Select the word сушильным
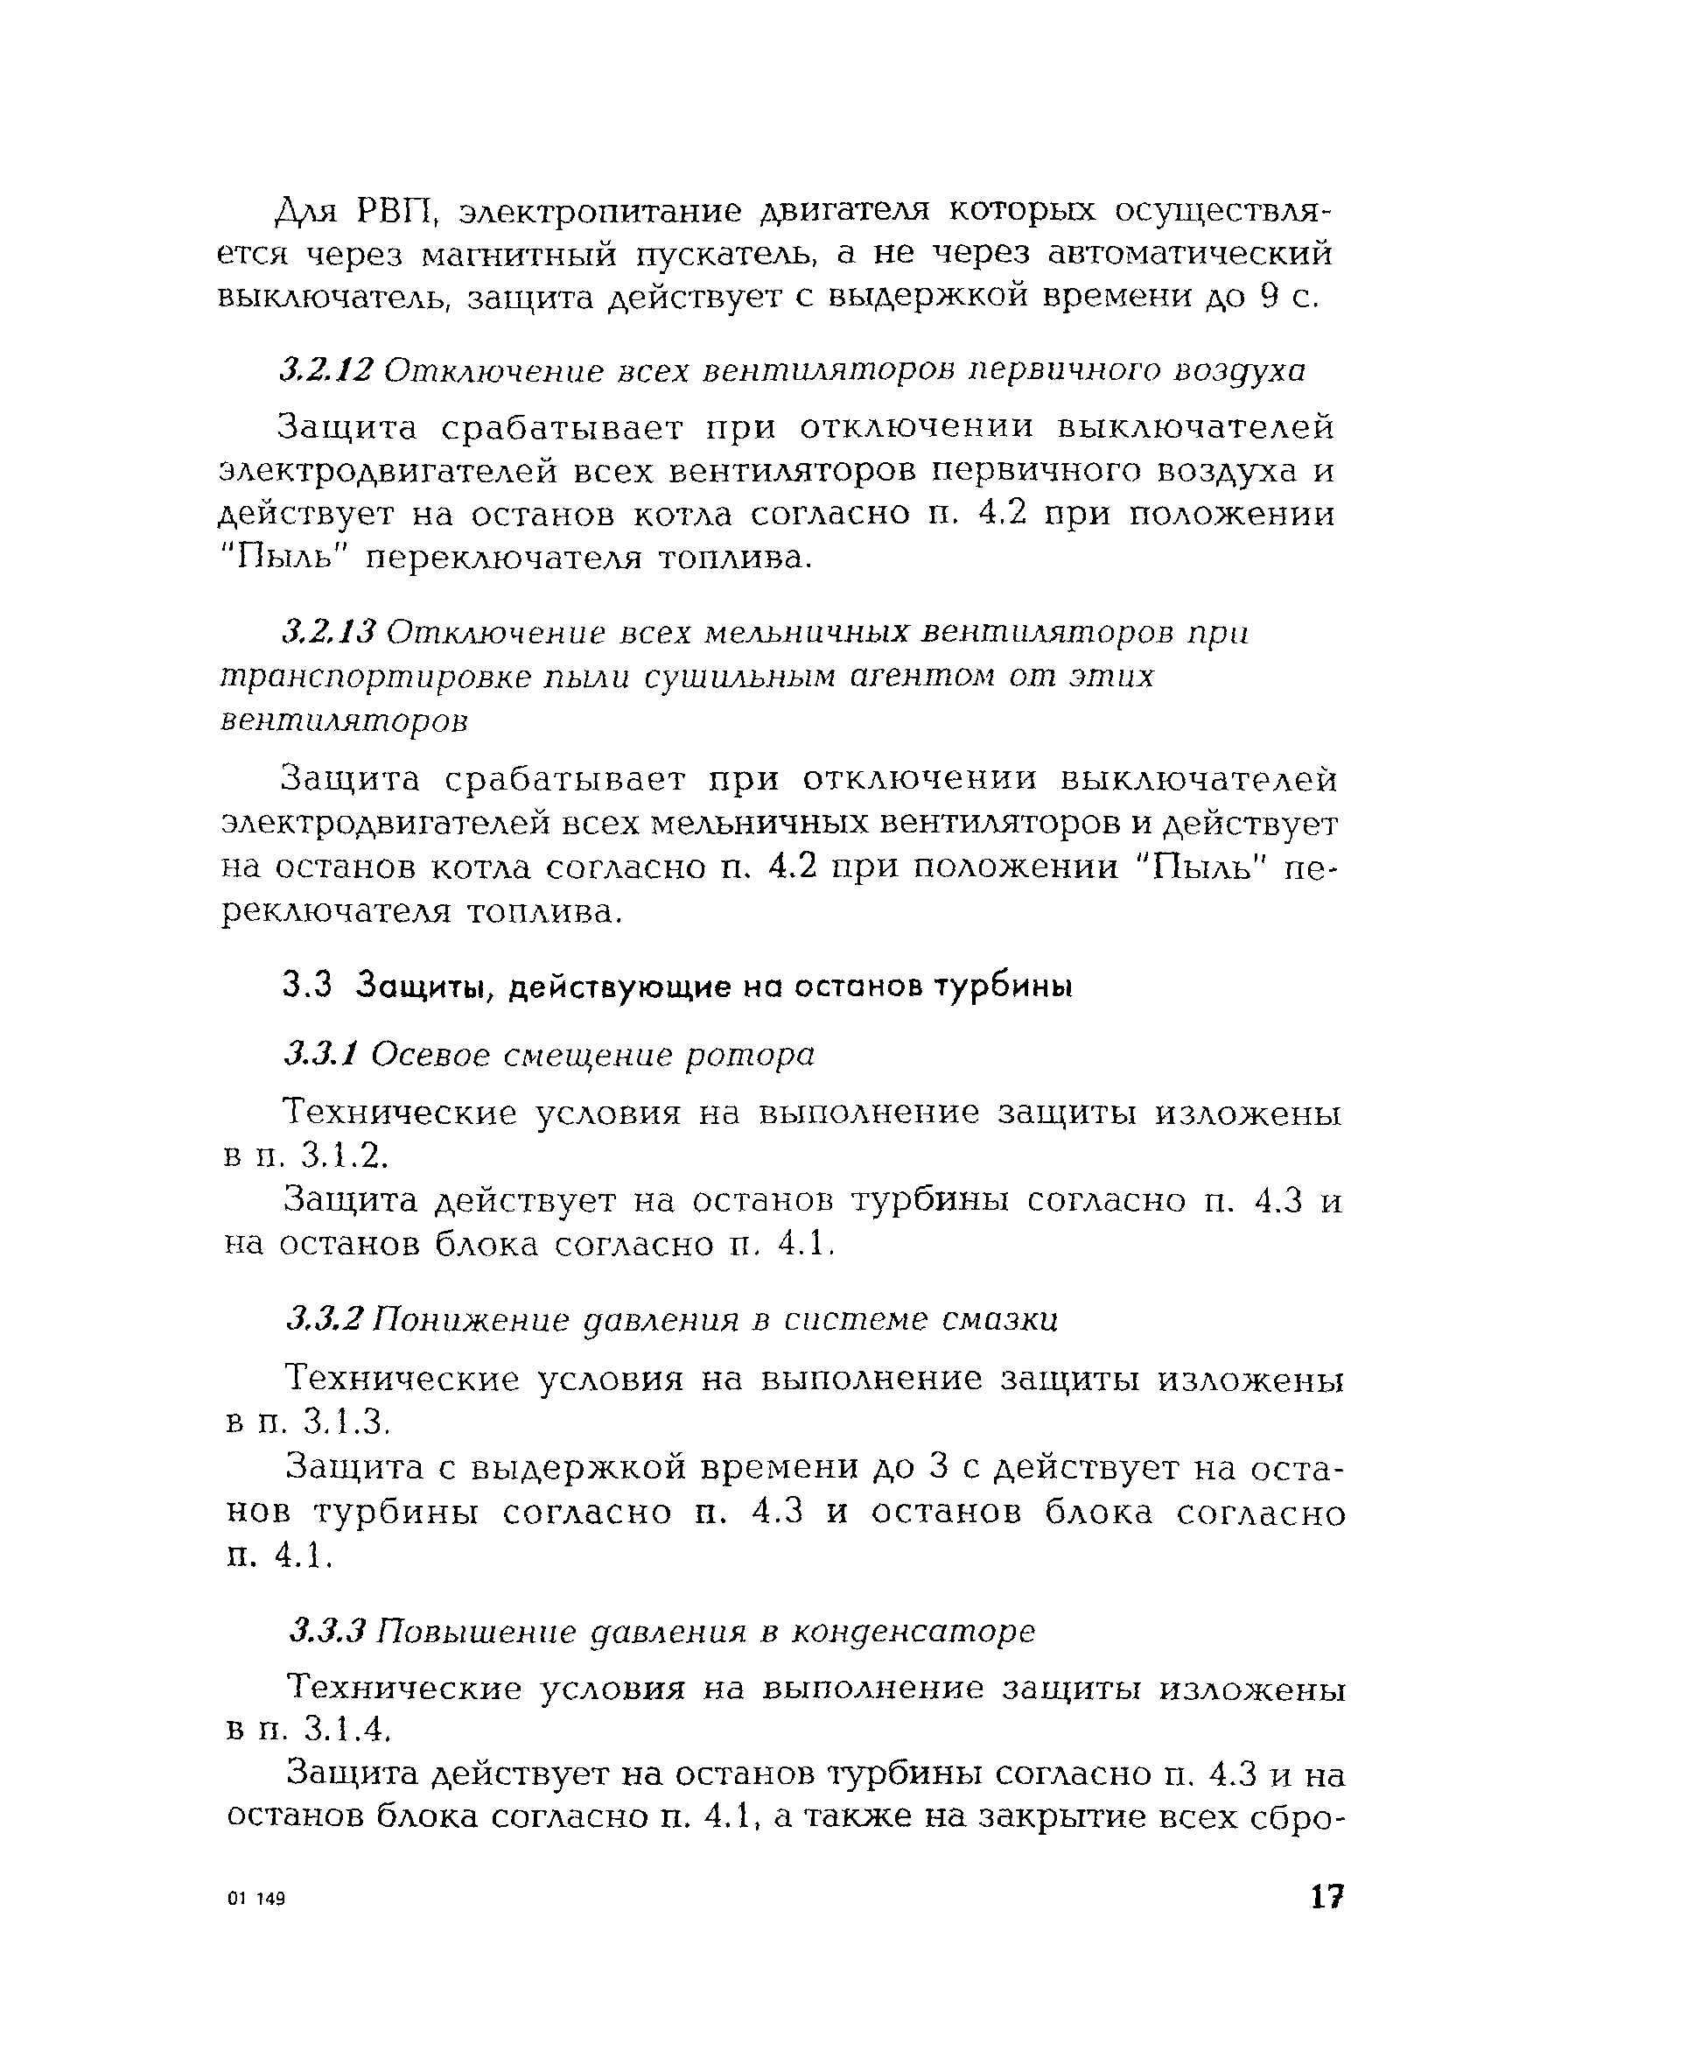[x=739, y=676]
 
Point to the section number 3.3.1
[x=322, y=1054]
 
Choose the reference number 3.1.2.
[x=346, y=1157]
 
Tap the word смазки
[x=1000, y=1320]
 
